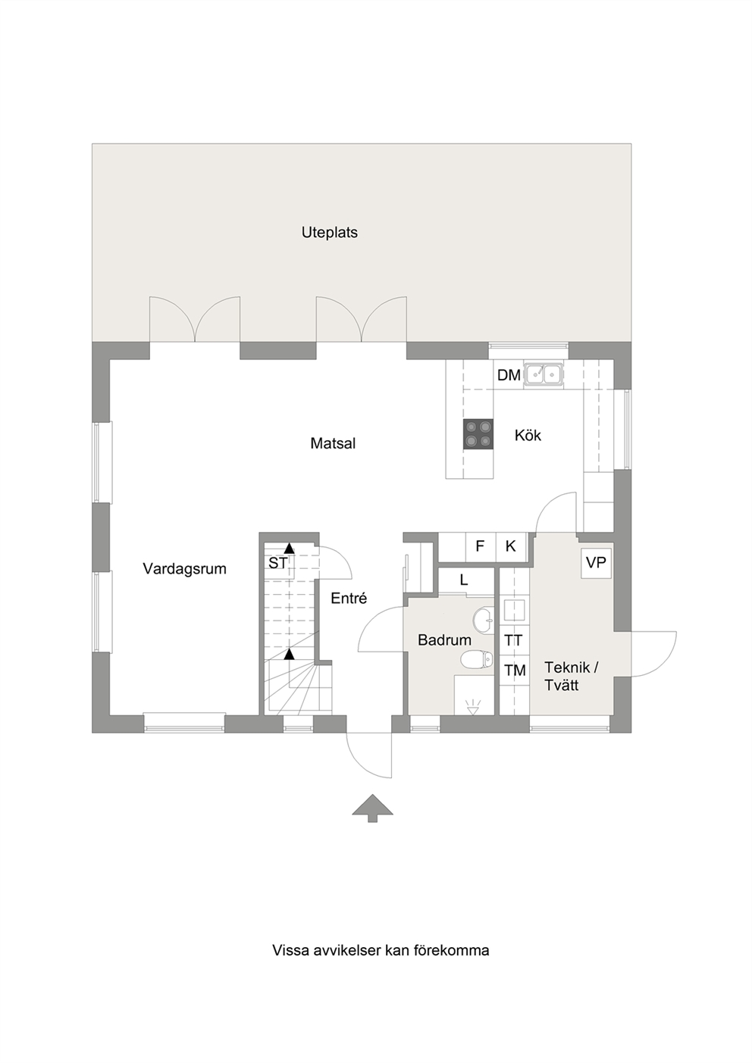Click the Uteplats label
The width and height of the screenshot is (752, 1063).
(x=330, y=233)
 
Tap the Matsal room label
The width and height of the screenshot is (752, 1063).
(x=333, y=443)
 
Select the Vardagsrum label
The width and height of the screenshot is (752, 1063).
(x=185, y=568)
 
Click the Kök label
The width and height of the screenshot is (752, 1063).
(x=528, y=435)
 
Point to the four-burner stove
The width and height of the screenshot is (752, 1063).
(x=478, y=433)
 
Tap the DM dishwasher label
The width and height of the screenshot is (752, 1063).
(x=509, y=375)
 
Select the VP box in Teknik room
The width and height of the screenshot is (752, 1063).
(x=597, y=563)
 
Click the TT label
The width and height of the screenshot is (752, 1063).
(x=513, y=640)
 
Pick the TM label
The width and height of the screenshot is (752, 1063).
(x=515, y=670)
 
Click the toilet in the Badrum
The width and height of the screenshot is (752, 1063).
(x=477, y=659)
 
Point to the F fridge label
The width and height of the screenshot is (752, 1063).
(x=480, y=546)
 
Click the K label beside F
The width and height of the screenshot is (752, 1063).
(x=510, y=546)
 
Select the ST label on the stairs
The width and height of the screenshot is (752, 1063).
(x=278, y=563)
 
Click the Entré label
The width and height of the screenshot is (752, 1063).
(x=349, y=598)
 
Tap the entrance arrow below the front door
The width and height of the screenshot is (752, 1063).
(x=373, y=808)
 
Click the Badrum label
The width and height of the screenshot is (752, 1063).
(x=444, y=640)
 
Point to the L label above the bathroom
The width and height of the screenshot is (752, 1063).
(x=464, y=580)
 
